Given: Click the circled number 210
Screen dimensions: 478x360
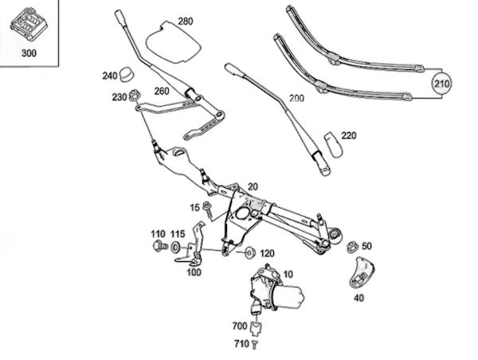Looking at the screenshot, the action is point(441,84).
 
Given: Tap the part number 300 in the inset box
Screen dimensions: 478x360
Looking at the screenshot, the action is point(29,53).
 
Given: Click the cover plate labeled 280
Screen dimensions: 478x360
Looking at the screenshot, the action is point(173,42).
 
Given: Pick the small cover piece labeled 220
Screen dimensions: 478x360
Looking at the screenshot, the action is point(333,145).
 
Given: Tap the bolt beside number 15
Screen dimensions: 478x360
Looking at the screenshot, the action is point(208,209).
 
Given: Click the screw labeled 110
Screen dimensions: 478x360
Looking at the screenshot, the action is point(160,245).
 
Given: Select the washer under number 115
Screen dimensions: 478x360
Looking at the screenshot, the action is point(175,247).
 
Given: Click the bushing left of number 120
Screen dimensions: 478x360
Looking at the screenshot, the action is point(250,252).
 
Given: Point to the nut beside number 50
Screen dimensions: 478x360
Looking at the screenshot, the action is point(352,246).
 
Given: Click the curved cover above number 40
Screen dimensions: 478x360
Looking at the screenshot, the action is point(361,273).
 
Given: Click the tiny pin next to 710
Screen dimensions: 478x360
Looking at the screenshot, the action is point(255,344).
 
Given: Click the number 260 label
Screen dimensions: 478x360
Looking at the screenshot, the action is point(162,91).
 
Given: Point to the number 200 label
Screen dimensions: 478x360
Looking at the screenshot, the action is point(296,98).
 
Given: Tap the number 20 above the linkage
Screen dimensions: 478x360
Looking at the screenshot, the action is point(253,186).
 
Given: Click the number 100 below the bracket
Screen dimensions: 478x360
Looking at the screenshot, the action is point(194,272).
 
